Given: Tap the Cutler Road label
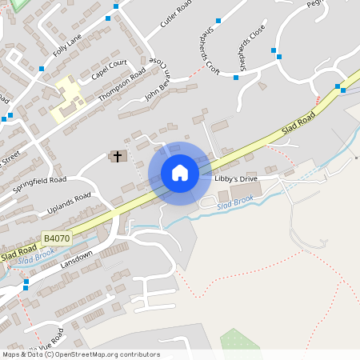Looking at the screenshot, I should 176,14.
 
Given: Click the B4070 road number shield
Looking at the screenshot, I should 56,238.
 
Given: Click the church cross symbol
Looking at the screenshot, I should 118,156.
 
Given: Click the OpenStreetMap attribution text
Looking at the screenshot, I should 81,354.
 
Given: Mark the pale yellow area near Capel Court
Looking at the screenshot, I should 70,100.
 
